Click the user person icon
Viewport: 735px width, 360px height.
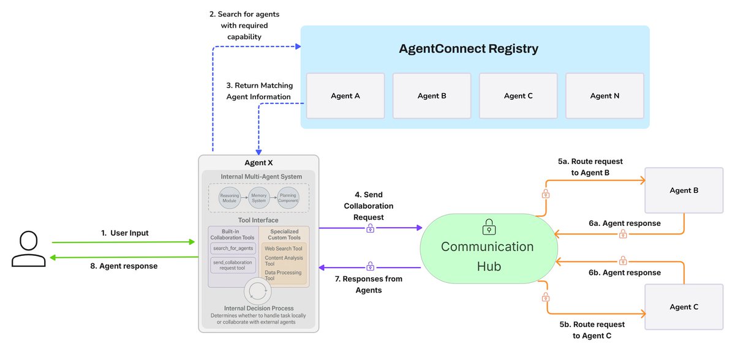(29, 249)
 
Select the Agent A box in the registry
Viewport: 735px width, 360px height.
(345, 96)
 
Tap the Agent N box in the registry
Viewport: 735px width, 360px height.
(605, 96)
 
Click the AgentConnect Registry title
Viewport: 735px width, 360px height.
(469, 48)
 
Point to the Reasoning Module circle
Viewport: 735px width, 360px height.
(229, 198)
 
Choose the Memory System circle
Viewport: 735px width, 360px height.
(259, 198)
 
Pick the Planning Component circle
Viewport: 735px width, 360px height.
(288, 198)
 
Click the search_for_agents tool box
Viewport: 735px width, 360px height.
(233, 248)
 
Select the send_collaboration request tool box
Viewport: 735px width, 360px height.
(233, 265)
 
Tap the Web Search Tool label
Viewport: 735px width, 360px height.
(284, 249)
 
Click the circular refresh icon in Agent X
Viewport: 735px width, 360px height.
(258, 291)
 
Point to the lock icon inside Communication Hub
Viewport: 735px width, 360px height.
(489, 227)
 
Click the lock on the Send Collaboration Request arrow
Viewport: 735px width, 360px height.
(370, 228)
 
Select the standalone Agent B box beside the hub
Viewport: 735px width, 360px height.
(684, 190)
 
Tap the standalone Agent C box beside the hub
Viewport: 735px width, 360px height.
(684, 307)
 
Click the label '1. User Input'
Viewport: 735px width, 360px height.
(125, 233)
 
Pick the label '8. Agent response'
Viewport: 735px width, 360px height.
(124, 266)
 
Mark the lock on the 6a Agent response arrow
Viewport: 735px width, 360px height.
(623, 234)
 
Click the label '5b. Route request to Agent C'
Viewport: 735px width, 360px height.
(592, 330)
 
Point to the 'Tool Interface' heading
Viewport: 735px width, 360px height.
(258, 220)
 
